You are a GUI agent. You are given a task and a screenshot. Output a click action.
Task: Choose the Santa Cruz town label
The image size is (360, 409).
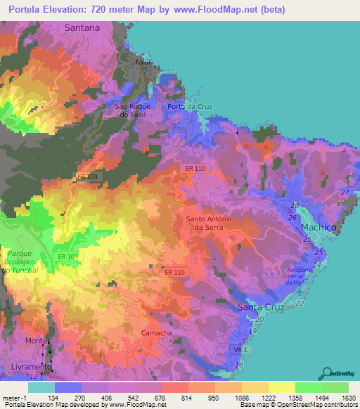[x=261, y=308]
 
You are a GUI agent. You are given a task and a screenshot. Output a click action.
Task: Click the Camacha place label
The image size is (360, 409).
[x=157, y=332]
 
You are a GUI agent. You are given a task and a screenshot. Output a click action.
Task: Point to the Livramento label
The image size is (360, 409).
[x=30, y=368]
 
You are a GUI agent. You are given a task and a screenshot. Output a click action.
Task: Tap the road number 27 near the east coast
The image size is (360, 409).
[x=345, y=192]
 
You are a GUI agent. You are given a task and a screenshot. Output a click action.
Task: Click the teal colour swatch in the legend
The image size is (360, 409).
[x=41, y=387]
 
